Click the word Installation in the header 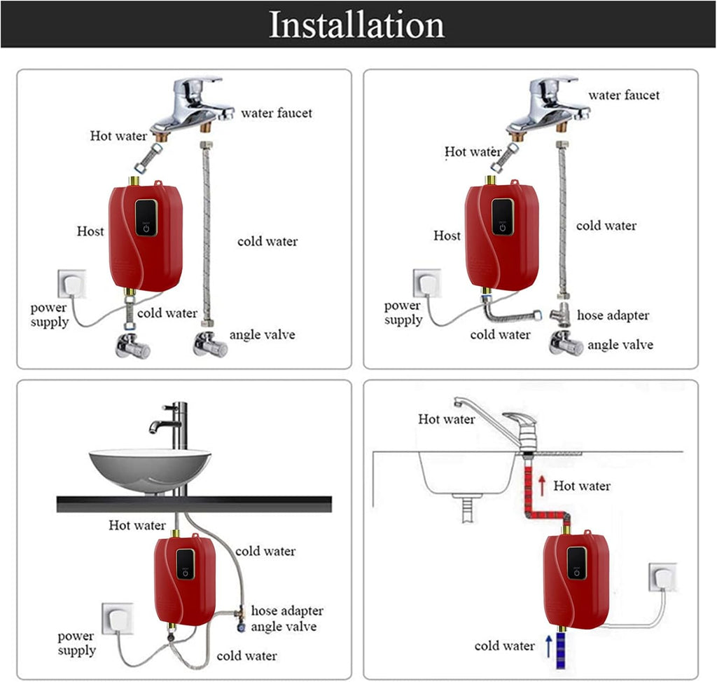click(357, 25)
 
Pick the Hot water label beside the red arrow click(582, 486)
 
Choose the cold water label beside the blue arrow click(504, 646)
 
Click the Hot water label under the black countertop click(137, 525)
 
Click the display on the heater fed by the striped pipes click(576, 558)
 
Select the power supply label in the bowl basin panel click(76, 643)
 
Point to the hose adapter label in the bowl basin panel click(287, 611)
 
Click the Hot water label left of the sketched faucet click(447, 419)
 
